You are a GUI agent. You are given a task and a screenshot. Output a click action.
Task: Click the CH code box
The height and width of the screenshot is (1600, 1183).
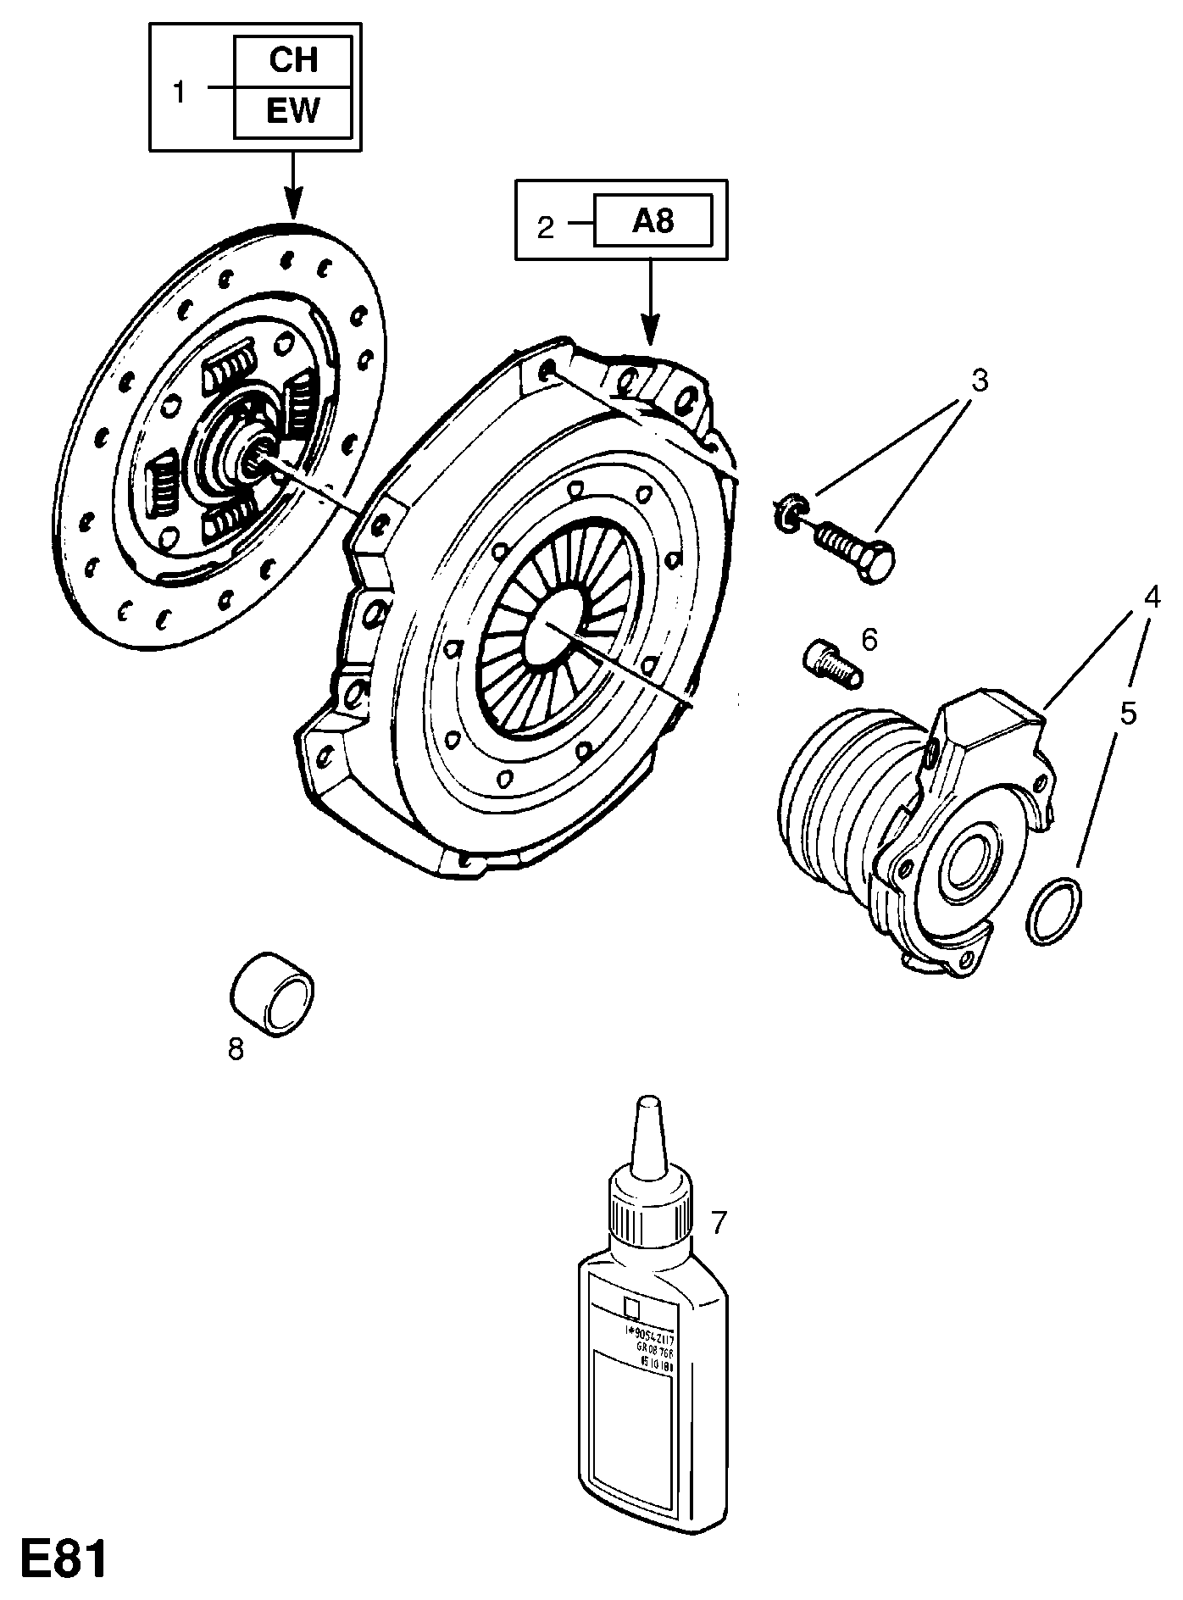(292, 61)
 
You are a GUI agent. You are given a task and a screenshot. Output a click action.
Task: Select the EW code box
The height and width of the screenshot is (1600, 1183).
(292, 112)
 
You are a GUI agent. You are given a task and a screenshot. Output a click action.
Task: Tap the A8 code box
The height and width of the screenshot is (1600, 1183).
(653, 221)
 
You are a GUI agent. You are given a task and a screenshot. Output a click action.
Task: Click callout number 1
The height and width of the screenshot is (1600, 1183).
(179, 92)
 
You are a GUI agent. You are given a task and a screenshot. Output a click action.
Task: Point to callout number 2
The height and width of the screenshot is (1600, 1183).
(546, 226)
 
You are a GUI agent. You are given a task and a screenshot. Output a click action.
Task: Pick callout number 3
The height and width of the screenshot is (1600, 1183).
(979, 381)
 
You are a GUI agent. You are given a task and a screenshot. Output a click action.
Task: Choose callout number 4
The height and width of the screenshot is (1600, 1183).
(1151, 597)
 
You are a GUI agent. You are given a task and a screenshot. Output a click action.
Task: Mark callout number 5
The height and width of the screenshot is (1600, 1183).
(1127, 713)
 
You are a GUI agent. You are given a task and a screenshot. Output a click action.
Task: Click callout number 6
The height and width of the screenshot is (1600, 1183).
(869, 639)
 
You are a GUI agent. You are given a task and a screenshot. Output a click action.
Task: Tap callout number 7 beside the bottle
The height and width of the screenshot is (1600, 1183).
(719, 1221)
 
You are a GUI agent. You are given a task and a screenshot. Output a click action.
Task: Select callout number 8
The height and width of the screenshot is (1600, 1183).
(236, 1048)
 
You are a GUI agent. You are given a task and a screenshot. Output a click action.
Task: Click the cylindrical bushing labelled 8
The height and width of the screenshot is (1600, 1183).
(272, 993)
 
